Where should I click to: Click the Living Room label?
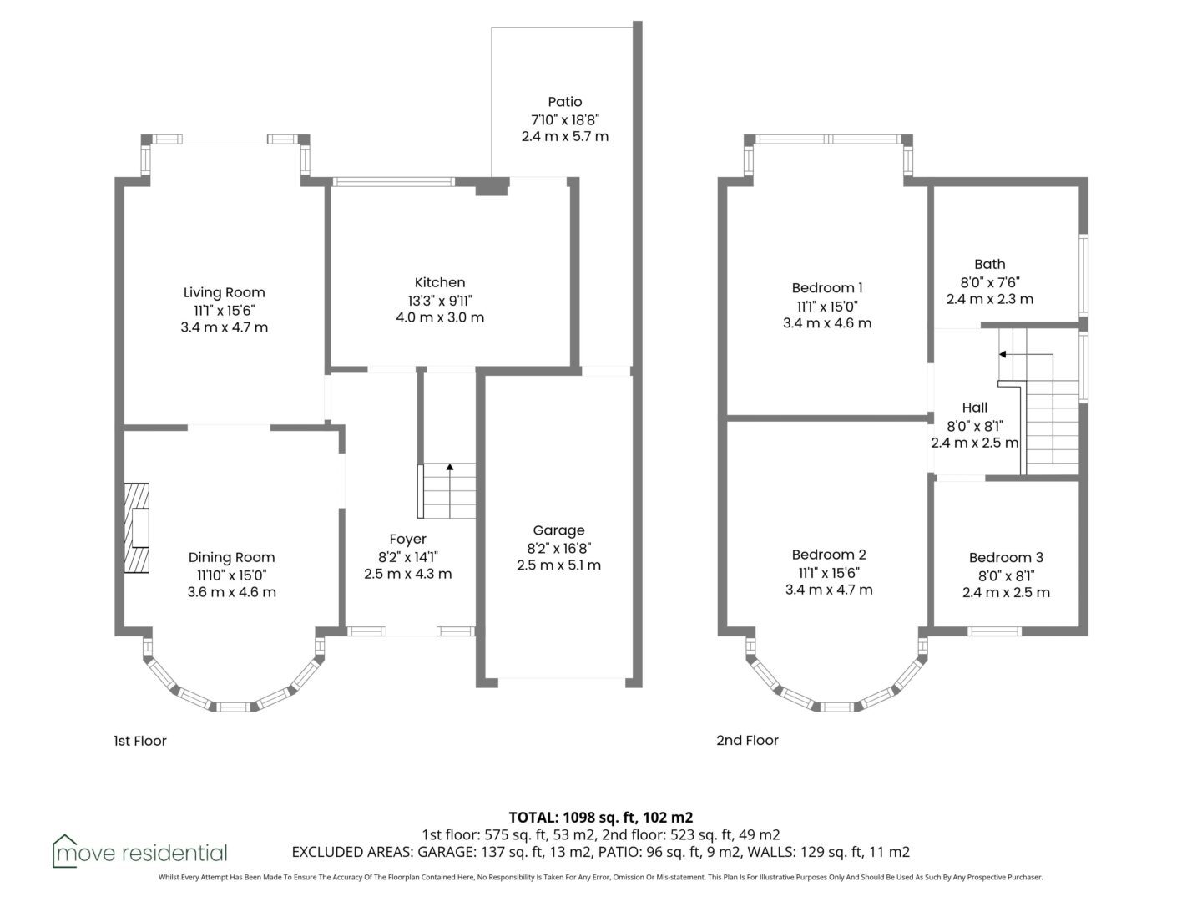(224, 292)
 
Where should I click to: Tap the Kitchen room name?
(440, 282)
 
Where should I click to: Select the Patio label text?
(564, 102)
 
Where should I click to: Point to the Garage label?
(558, 530)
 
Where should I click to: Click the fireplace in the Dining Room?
(136, 528)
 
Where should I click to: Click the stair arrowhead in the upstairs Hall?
(1003, 355)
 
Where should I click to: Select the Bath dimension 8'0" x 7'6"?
(989, 282)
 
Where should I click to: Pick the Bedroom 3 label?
(1006, 558)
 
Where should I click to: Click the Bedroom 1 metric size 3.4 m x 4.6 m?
(827, 323)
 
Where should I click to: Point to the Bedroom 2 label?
(829, 555)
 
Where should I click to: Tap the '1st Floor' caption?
(140, 741)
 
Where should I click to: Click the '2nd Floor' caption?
(747, 741)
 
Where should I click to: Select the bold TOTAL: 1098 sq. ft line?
(601, 818)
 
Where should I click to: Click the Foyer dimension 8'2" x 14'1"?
(408, 558)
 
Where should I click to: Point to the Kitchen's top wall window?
(394, 182)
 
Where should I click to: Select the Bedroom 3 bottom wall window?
(994, 631)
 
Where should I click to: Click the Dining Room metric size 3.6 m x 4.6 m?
(232, 593)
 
